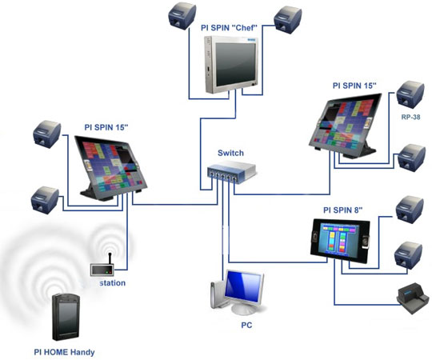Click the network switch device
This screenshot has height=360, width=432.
pos(232,172)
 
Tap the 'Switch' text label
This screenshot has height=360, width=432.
pos(230,153)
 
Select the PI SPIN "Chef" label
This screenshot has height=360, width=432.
pos(229,28)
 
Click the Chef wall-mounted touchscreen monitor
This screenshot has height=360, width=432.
pos(231,65)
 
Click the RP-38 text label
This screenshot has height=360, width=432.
pos(410,117)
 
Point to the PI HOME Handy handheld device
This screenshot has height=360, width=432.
pos(66,318)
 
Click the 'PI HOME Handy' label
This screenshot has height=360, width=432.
pos(64,352)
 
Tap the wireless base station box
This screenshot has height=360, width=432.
pos(102,270)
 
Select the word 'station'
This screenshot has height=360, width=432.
pos(113,283)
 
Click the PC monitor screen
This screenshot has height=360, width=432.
pos(242,287)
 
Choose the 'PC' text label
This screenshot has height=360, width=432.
pos(246,326)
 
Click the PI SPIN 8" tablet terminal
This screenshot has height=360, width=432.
pos(340,240)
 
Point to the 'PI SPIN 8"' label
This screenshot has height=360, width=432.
pos(342,210)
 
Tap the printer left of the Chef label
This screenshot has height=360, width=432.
pos(182,16)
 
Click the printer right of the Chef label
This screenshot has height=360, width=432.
pos(288,20)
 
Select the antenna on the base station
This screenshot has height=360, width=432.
pos(110,258)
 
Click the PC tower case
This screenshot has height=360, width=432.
pos(217,295)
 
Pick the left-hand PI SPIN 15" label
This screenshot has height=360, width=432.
pos(106,127)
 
